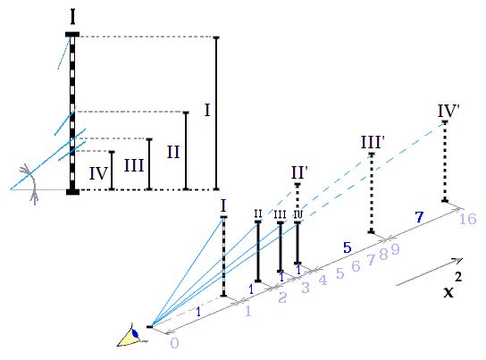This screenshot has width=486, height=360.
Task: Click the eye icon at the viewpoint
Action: click(130, 336)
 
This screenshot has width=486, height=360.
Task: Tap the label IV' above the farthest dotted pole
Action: click(448, 111)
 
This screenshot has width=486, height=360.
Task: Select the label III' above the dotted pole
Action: click(373, 143)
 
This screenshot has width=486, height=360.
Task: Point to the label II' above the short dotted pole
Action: click(299, 172)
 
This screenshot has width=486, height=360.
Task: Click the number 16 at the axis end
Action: click(467, 219)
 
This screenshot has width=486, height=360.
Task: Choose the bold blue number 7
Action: click(419, 217)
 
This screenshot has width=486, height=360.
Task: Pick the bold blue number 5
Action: click(348, 247)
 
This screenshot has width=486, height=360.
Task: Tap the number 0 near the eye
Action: click(174, 343)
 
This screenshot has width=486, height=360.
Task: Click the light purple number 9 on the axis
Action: click(395, 249)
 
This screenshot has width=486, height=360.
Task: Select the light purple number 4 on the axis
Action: click(323, 280)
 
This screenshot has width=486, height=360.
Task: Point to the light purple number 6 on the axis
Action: click(356, 266)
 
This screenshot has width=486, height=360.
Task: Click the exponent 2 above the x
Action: click(458, 277)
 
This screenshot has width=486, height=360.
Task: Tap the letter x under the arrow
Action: click(448, 292)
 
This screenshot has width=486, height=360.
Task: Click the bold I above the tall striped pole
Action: click(72, 17)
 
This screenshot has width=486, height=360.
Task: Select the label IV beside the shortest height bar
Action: click(98, 174)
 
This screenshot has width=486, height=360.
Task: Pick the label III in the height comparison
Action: click(134, 166)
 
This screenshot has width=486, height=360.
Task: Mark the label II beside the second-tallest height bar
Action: click(173, 152)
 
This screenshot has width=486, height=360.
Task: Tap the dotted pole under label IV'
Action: click(445, 162)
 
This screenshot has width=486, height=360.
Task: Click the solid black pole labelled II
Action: click(258, 252)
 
